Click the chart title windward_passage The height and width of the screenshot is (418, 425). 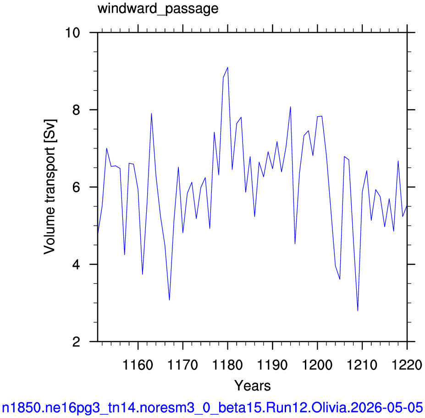(x=158, y=9)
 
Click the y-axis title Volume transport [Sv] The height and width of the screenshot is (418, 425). (x=50, y=187)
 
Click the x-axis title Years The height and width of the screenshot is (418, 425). (x=252, y=385)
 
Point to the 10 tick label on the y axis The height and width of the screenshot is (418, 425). (x=72, y=33)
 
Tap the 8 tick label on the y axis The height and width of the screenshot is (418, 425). (x=77, y=110)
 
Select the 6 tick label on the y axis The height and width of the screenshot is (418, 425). (x=77, y=187)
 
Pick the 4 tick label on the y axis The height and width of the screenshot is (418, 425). (x=77, y=265)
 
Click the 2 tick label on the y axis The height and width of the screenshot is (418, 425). (x=77, y=342)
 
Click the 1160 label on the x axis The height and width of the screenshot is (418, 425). (x=138, y=365)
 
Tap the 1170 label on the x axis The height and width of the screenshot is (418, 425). (x=182, y=365)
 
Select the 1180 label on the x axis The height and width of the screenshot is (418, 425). (x=228, y=365)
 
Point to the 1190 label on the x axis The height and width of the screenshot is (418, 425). (x=272, y=365)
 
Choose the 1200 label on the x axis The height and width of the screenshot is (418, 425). (x=317, y=365)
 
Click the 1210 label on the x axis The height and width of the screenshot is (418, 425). (x=362, y=365)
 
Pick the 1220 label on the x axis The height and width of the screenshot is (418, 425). (x=407, y=365)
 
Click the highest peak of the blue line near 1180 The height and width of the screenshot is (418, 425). (x=228, y=67)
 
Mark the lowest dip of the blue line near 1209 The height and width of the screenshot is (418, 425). (x=358, y=311)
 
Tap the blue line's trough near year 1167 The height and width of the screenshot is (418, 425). (x=169, y=300)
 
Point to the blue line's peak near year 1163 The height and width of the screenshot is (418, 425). (x=151, y=114)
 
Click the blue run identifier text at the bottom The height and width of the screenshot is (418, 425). (x=212, y=407)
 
